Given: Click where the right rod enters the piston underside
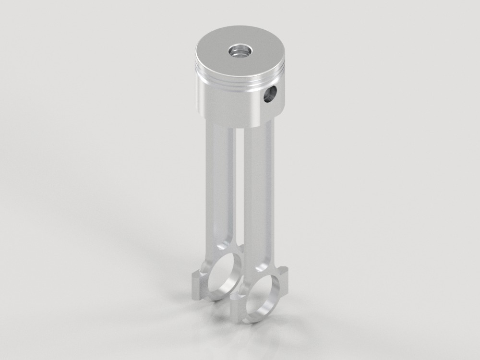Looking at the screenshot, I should pos(259,126).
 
